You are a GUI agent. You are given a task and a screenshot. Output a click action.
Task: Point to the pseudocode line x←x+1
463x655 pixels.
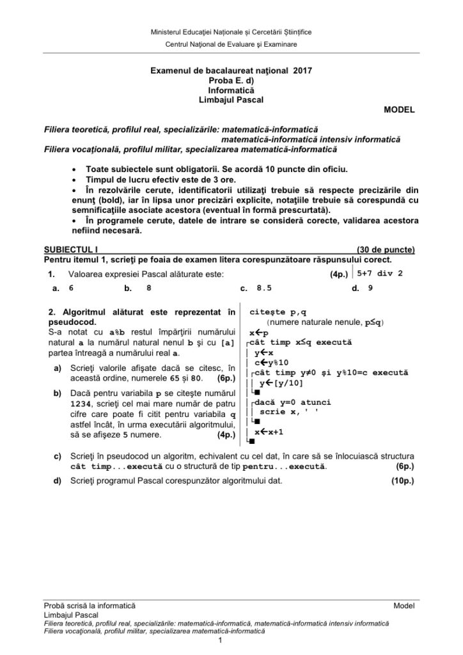point(269,432)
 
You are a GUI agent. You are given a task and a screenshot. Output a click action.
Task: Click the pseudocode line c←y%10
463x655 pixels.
point(271,363)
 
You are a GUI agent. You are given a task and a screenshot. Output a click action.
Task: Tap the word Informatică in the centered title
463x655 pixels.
point(231,90)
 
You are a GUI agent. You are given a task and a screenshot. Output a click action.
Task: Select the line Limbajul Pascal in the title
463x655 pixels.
point(231,99)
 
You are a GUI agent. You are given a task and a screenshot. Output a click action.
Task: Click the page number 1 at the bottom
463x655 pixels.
point(219,640)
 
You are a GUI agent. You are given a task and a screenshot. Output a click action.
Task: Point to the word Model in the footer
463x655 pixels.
point(404,604)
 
